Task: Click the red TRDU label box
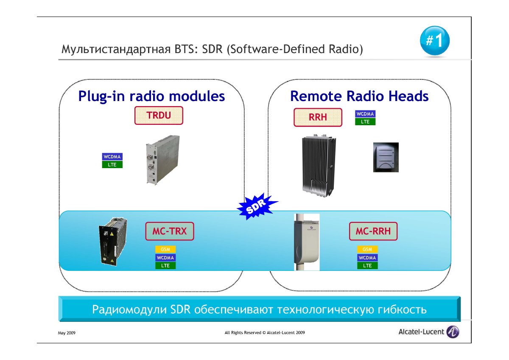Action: pyautogui.click(x=159, y=115)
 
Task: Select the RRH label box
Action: pyautogui.click(x=318, y=117)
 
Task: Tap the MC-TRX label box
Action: pyautogui.click(x=170, y=231)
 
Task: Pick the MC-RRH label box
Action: pyautogui.click(x=373, y=231)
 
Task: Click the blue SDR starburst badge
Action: pyautogui.click(x=257, y=206)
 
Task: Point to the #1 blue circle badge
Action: pyautogui.click(x=435, y=40)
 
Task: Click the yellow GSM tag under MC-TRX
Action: pyautogui.click(x=165, y=249)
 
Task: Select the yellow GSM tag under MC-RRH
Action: pyautogui.click(x=367, y=249)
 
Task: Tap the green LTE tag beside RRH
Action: pyautogui.click(x=365, y=122)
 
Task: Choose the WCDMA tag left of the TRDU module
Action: pyautogui.click(x=112, y=157)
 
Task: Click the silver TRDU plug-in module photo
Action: pyautogui.click(x=163, y=160)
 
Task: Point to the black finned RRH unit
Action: pyautogui.click(x=319, y=166)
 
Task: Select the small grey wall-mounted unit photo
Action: pyautogui.click(x=386, y=157)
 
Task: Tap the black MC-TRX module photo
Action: pyautogui.click(x=113, y=242)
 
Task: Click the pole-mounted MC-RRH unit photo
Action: pyautogui.click(x=307, y=242)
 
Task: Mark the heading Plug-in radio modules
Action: pyautogui.click(x=151, y=96)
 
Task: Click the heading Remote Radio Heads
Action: pyautogui.click(x=359, y=96)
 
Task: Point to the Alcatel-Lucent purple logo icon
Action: pyautogui.click(x=453, y=332)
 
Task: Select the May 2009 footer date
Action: pyautogui.click(x=67, y=333)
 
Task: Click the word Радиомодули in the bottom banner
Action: pyautogui.click(x=129, y=310)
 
